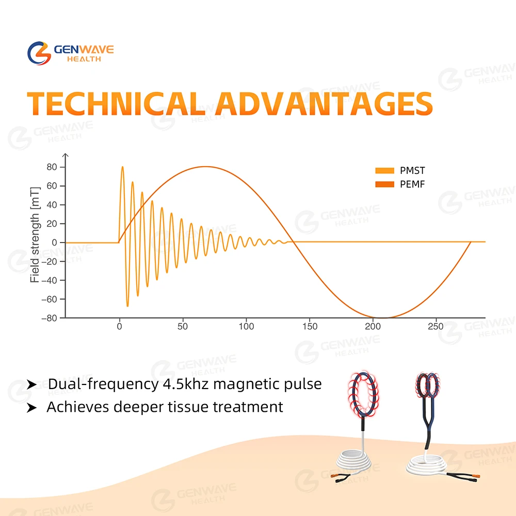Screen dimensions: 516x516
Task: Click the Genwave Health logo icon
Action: point(39,53)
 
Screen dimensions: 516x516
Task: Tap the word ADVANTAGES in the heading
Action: point(324,104)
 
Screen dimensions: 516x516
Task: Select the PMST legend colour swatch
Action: point(385,170)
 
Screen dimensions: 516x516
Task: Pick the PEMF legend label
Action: point(412,184)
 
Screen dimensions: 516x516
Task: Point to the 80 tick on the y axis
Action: point(52,167)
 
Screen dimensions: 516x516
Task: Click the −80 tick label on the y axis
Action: point(50,318)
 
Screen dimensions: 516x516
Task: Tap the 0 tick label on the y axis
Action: point(54,243)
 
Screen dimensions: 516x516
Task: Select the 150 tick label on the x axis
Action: point(310,327)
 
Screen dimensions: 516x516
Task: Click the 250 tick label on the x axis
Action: point(436,327)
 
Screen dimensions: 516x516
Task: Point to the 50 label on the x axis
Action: point(183,327)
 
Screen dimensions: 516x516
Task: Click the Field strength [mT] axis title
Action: point(35,235)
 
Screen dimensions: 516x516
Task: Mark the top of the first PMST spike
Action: point(122,167)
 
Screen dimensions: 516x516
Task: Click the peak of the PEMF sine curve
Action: point(205,167)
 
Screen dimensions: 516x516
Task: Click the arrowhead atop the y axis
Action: point(66,155)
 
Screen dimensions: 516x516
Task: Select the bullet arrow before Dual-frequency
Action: point(31,384)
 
